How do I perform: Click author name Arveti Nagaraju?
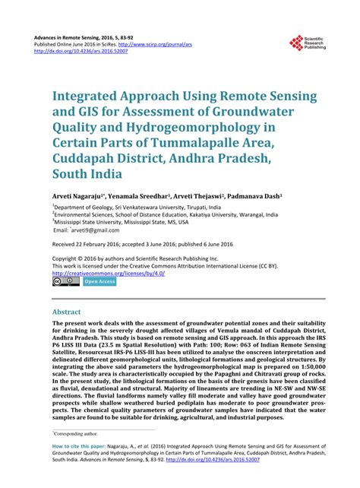75,195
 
